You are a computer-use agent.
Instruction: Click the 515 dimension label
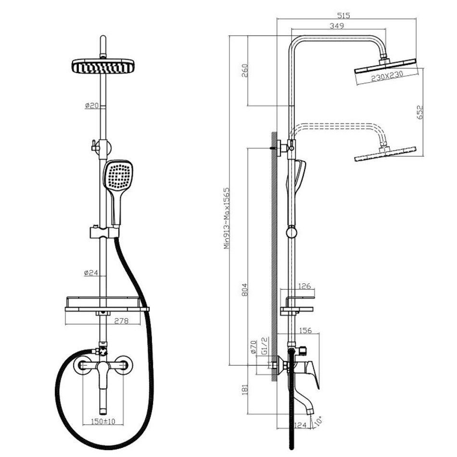pos(343,15)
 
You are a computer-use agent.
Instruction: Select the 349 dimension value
pos(337,25)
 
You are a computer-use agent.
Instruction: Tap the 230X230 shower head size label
pos(387,76)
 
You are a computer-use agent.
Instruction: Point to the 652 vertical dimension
pos(420,112)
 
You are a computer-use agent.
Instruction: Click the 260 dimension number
pos(244,71)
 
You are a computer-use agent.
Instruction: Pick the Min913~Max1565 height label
pos(227,218)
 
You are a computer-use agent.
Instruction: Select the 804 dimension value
pos(244,290)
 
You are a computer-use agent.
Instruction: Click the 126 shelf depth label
pos(305,286)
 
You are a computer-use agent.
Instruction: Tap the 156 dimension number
pos(305,330)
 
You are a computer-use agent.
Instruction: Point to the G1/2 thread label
pos(265,346)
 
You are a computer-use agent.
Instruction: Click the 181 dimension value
pos(244,389)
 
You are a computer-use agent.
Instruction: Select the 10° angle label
pos(318,420)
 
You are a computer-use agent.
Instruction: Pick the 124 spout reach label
pos(301,425)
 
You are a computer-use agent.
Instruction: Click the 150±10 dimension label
pos(103,421)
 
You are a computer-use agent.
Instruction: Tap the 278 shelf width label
pos(121,321)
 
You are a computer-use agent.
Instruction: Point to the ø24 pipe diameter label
pos(91,273)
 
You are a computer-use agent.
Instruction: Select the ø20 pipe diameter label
pos(92,105)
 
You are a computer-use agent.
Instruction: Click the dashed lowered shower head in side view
pos(385,153)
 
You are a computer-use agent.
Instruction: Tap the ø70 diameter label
pos(253,347)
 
